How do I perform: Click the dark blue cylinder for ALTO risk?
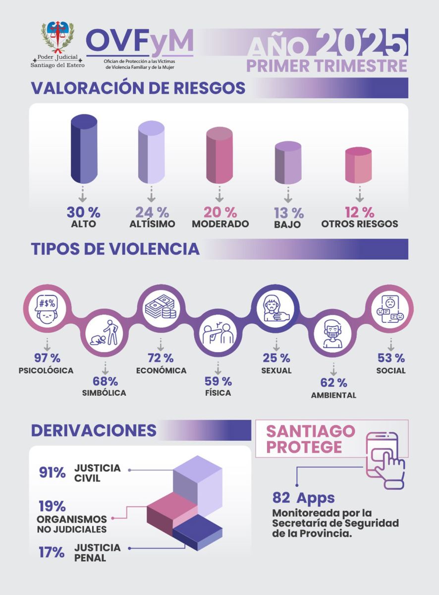pyautogui.click(x=84, y=149)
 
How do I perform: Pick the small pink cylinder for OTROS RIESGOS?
pyautogui.click(x=358, y=165)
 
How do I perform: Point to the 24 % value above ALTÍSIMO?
pyautogui.click(x=152, y=212)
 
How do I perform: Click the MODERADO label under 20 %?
pyautogui.click(x=220, y=224)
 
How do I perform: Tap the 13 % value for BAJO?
pyautogui.click(x=289, y=213)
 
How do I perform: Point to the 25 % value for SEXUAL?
pyautogui.click(x=276, y=357)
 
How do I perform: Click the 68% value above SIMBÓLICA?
pyautogui.click(x=105, y=381)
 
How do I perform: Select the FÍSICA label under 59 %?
pyautogui.click(x=218, y=393)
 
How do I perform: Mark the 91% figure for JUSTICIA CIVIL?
pyautogui.click(x=53, y=473)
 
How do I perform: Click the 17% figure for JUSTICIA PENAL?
pyautogui.click(x=52, y=552)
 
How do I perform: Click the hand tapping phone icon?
pyautogui.click(x=384, y=459)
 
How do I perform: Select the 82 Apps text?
pyautogui.click(x=303, y=497)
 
